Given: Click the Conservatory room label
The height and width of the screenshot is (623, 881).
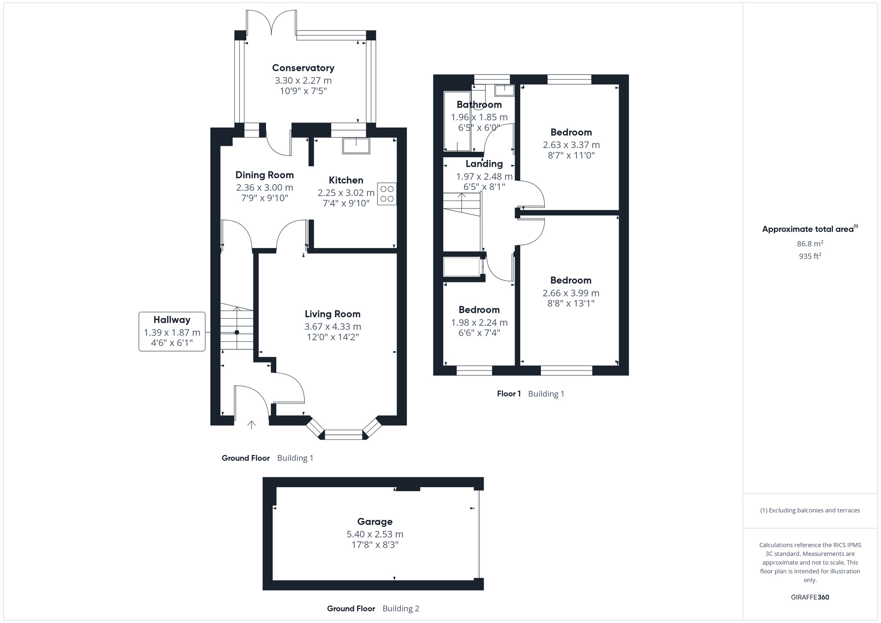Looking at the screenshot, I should tap(303, 68).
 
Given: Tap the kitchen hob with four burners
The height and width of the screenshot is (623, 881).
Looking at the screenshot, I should tap(387, 194).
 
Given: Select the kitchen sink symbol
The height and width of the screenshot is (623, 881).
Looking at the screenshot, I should tap(356, 146).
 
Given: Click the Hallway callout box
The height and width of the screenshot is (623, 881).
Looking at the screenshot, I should tap(172, 331).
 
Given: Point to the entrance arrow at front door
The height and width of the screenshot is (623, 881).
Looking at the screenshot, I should tap(252, 425).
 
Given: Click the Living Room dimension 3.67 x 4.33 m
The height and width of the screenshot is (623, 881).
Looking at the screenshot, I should tap(333, 326).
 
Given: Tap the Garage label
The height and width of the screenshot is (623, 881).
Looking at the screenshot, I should tap(374, 522).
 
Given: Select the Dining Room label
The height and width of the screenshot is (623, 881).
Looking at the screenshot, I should tap(264, 175).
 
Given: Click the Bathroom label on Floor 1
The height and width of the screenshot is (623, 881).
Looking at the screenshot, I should tap(479, 105).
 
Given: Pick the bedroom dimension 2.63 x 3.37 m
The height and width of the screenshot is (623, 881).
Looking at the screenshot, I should tap(571, 145).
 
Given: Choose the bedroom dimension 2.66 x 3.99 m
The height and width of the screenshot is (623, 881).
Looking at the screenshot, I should tap(571, 293).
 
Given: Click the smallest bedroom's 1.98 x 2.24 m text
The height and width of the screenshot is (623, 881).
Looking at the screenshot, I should tap(479, 323).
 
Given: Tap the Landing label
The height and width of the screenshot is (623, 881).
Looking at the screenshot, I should tap(484, 164).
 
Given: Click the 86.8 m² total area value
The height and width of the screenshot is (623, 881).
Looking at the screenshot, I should tap(810, 244).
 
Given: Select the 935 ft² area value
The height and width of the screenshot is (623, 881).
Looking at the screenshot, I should tap(810, 256).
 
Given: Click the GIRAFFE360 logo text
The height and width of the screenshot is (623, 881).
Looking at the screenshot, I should tap(810, 597).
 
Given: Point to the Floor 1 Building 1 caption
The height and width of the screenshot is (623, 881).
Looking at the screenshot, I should tap(530, 394).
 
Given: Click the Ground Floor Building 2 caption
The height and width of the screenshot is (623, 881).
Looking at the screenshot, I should tap(373, 608).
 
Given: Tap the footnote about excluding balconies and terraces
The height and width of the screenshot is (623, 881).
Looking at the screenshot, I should tap(810, 510).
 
